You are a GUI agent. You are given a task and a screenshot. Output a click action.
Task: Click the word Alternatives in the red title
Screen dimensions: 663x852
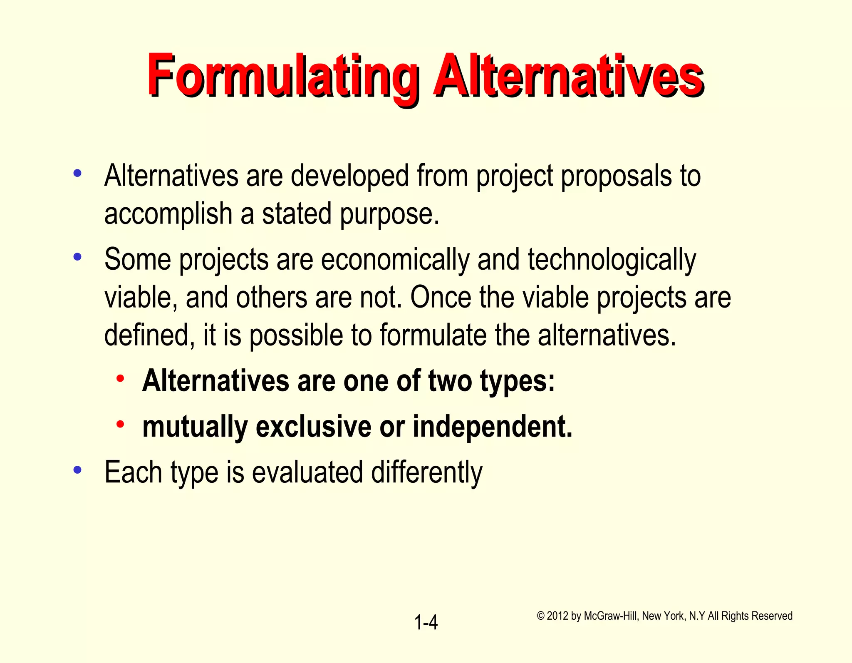click(x=568, y=75)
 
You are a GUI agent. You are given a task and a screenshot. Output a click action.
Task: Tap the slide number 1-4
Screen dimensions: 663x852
click(x=426, y=623)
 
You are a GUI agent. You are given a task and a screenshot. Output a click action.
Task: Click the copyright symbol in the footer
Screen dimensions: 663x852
click(x=540, y=616)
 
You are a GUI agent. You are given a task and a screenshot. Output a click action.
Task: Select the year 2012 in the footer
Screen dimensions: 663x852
click(x=558, y=616)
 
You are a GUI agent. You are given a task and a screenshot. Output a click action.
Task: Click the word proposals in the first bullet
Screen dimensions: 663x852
click(x=616, y=176)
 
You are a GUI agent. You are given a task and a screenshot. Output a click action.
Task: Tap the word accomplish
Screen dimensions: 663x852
click(x=168, y=214)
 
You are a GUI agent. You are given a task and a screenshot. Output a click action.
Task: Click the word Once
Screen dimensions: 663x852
click(x=440, y=297)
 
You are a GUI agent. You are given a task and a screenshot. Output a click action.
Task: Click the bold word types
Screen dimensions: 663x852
click(x=518, y=381)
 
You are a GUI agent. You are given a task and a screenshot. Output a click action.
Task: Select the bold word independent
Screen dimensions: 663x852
click(x=493, y=427)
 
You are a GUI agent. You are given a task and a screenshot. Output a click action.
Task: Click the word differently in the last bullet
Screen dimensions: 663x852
click(x=427, y=472)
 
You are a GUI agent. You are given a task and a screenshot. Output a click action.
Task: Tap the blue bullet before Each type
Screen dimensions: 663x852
click(x=77, y=470)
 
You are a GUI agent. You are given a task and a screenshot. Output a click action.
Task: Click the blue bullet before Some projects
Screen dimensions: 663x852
click(x=77, y=257)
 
